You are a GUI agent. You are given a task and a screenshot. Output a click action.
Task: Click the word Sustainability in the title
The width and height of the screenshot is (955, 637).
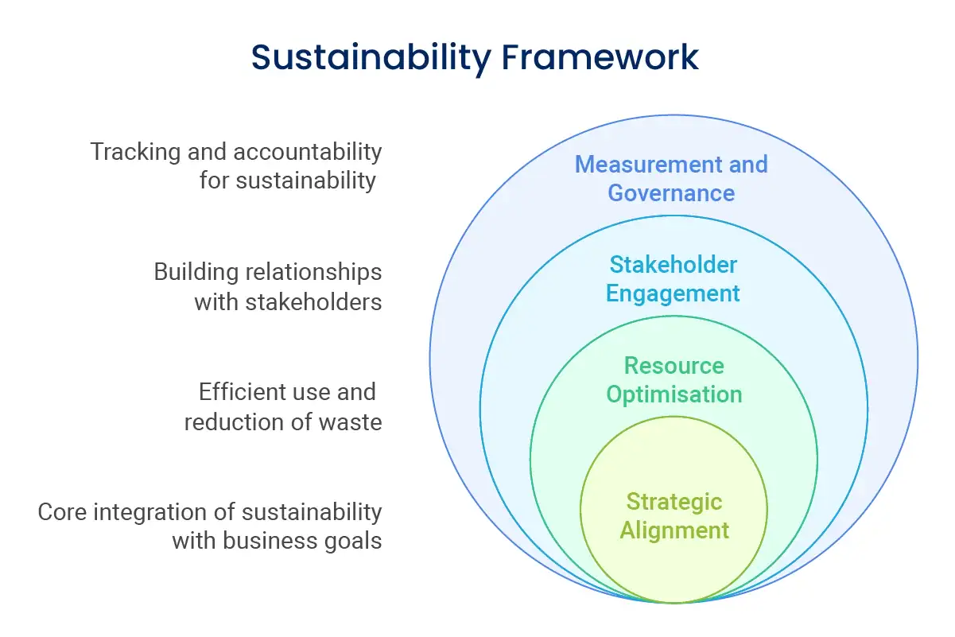pyautogui.click(x=371, y=58)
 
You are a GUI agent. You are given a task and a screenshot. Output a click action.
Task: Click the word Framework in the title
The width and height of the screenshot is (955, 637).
pyautogui.click(x=600, y=56)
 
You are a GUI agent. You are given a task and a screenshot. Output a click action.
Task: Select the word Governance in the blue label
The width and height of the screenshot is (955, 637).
pyautogui.click(x=671, y=192)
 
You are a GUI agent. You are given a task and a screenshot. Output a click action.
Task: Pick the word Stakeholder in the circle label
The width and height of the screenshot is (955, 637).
pyautogui.click(x=674, y=264)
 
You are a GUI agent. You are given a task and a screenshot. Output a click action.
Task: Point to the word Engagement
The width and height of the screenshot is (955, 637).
pyautogui.click(x=673, y=294)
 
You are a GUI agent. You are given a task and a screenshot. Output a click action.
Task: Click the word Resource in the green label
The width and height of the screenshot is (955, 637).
pyautogui.click(x=674, y=365)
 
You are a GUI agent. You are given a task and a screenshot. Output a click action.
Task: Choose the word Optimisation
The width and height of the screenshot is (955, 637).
pyautogui.click(x=674, y=394)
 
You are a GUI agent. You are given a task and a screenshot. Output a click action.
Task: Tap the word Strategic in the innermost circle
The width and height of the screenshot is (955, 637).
pyautogui.click(x=674, y=503)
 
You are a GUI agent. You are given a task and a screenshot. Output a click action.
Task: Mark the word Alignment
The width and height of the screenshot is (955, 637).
pyautogui.click(x=674, y=531)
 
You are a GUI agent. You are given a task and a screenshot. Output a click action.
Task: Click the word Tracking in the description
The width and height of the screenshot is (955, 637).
pyautogui.click(x=135, y=153)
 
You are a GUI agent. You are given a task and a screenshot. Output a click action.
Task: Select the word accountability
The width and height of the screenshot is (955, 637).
pyautogui.click(x=308, y=153)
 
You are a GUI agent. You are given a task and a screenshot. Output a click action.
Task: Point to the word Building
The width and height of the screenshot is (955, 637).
pyautogui.click(x=196, y=273)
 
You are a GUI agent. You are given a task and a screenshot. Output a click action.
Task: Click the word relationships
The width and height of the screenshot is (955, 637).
pyautogui.click(x=313, y=273)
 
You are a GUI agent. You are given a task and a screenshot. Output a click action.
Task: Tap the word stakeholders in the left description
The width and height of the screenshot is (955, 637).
pyautogui.click(x=313, y=302)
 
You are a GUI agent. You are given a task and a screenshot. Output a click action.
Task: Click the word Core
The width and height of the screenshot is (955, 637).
pyautogui.click(x=62, y=512)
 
